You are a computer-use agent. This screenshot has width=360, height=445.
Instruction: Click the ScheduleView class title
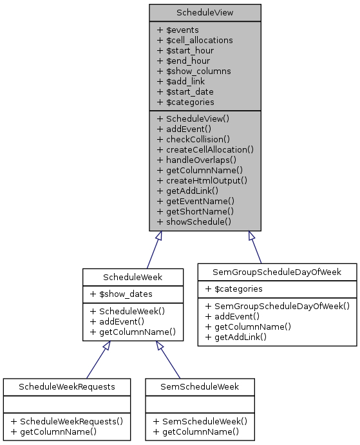[205, 13]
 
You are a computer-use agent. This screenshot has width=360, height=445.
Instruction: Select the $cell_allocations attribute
[194, 40]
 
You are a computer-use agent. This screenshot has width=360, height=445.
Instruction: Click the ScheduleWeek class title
[133, 277]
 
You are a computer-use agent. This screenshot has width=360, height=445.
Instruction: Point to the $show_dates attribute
[121, 294]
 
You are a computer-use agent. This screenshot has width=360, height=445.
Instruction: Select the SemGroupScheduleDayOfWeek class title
[278, 272]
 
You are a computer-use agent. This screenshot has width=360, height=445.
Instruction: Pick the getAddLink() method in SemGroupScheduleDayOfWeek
[242, 336]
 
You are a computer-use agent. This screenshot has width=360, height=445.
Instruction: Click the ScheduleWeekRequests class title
[67, 386]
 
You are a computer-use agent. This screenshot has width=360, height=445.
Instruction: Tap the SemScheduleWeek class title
[200, 386]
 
